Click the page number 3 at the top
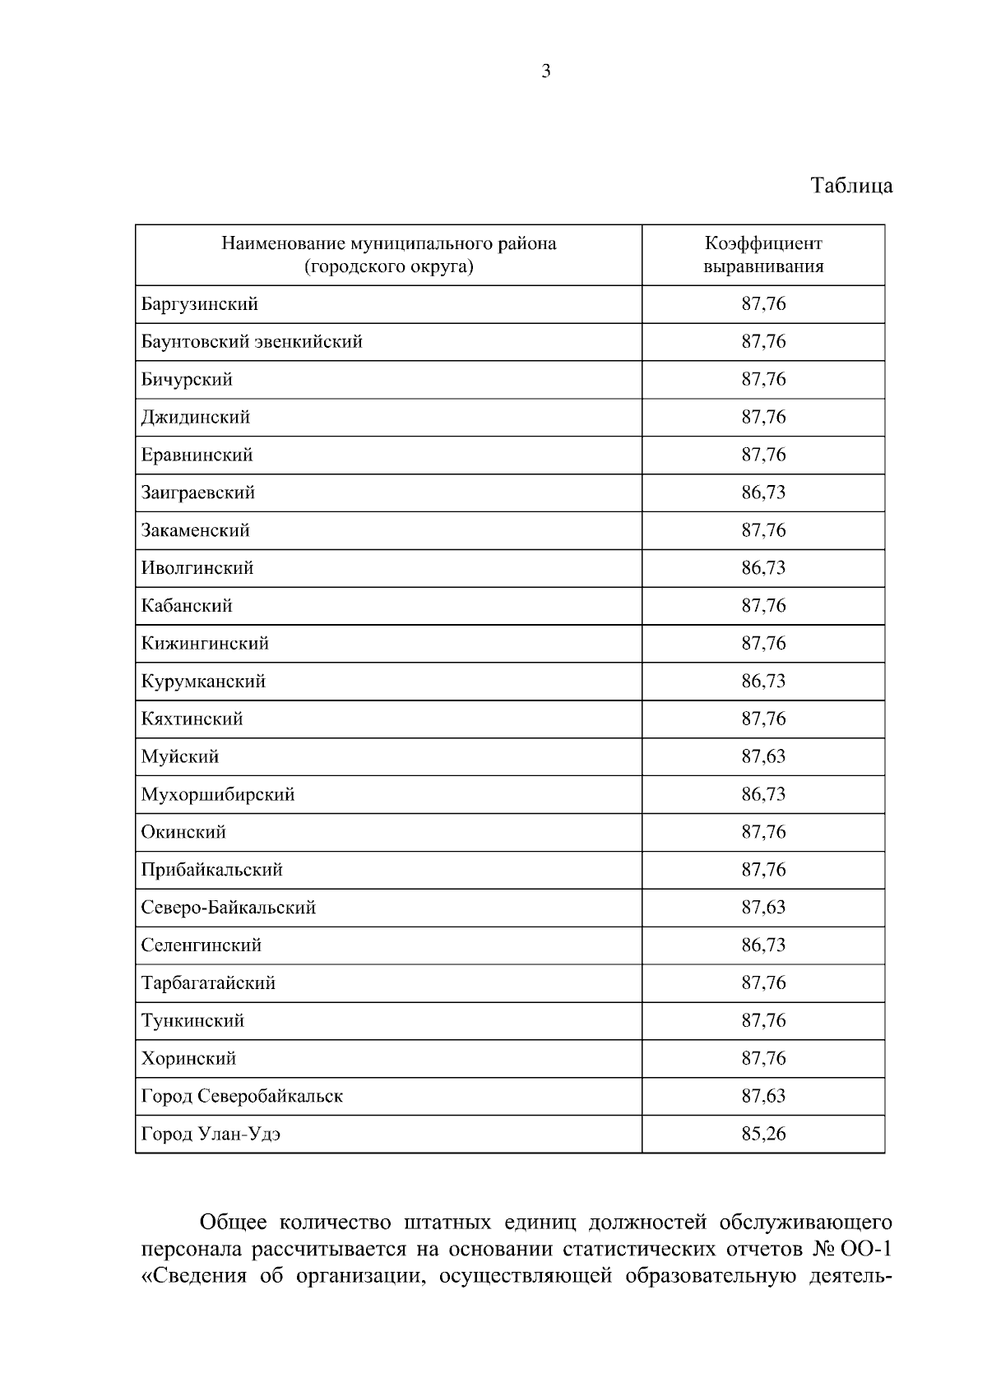[546, 72]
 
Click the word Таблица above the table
[851, 186]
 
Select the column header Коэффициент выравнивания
[763, 255]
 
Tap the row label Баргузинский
[200, 304]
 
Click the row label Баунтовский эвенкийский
[252, 342]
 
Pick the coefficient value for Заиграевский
[763, 492]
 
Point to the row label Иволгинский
[197, 568]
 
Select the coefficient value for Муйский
[763, 756]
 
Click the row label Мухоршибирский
[218, 794]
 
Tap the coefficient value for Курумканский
[763, 681]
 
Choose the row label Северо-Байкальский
[229, 908]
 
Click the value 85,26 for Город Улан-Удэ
[763, 1134]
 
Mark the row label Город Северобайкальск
[242, 1096]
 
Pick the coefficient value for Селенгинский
[763, 945]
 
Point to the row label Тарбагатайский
[208, 983]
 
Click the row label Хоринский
[189, 1059]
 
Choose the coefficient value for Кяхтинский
[763, 719]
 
